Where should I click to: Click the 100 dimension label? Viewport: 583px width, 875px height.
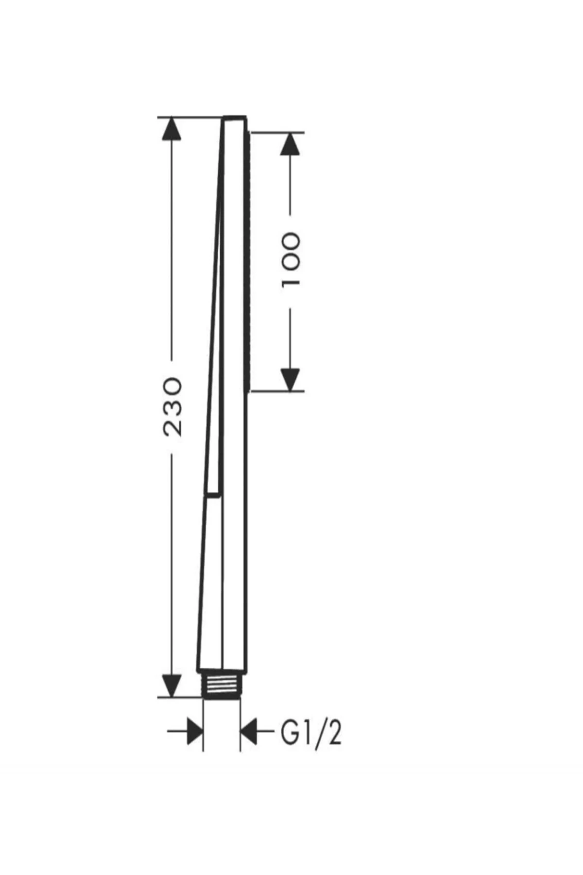(x=291, y=260)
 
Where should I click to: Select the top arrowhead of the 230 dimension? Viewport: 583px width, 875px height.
(x=171, y=128)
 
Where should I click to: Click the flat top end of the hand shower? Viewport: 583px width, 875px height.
(x=235, y=118)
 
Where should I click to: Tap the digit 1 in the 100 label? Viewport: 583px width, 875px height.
(x=291, y=281)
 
